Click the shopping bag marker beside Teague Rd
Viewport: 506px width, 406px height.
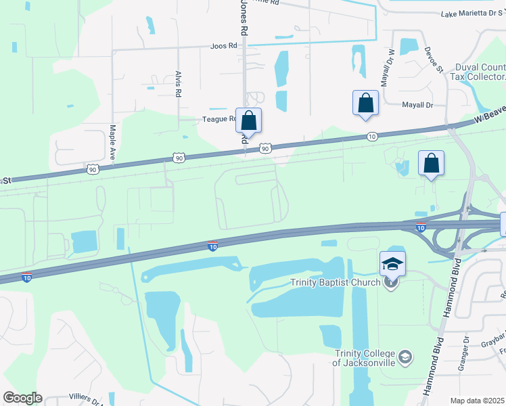248,121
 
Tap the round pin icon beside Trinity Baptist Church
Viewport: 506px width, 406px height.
390,283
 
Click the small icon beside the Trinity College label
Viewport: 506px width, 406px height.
405,357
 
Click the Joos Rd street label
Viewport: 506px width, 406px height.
225,46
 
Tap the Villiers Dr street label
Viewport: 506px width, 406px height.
85,399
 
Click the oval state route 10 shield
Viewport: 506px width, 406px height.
372,137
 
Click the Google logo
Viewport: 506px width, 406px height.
22,398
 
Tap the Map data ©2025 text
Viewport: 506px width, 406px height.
478,401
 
